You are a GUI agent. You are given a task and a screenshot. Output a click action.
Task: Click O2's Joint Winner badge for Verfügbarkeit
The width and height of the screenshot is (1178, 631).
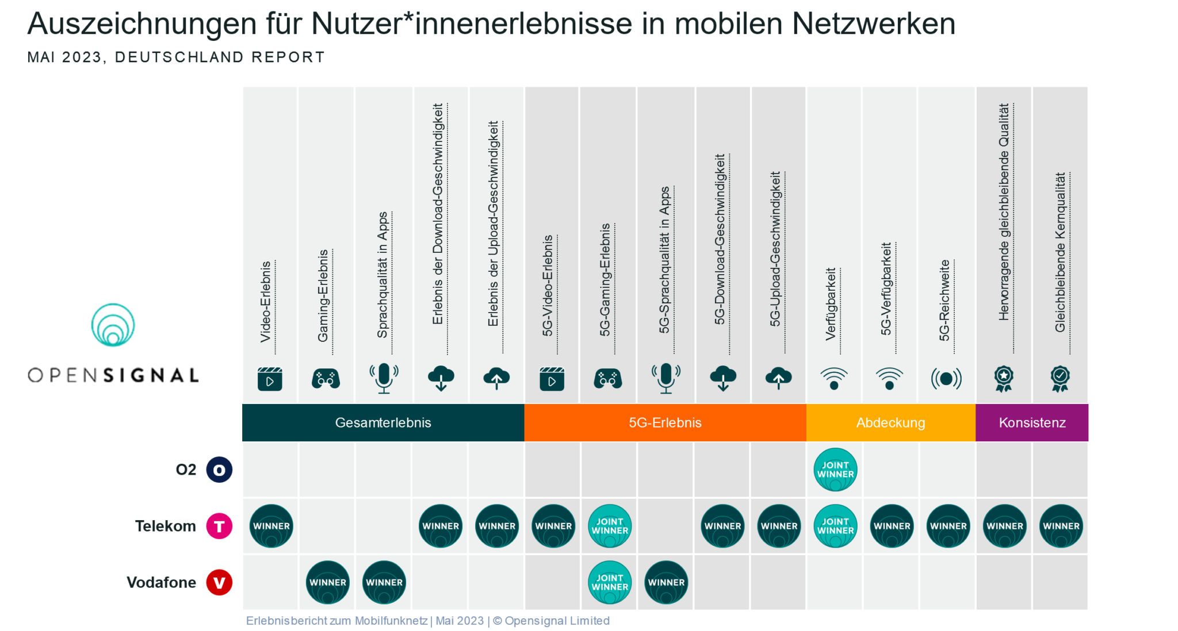[835, 470]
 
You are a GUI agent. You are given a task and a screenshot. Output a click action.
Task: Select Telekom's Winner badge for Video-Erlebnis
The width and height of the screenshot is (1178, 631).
[271, 526]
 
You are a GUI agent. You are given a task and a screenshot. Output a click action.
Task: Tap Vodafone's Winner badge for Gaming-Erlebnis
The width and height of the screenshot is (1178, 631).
[327, 582]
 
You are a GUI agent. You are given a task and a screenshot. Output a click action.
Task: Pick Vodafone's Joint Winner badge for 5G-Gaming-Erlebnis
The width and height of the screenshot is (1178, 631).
[610, 582]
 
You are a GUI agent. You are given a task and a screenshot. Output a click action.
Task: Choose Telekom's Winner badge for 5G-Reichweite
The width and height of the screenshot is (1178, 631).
[948, 526]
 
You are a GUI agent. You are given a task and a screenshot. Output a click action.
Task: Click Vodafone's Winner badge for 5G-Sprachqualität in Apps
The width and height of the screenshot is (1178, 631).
[666, 582]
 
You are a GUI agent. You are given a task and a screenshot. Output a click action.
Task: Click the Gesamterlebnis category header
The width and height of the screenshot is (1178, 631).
[383, 423]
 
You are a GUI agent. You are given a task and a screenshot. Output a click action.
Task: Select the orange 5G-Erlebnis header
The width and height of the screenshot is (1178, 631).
[665, 423]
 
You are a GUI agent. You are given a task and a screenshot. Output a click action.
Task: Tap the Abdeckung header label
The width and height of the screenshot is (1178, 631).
[890, 423]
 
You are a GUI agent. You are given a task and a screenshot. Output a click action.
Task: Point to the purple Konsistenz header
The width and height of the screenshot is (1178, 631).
[1032, 423]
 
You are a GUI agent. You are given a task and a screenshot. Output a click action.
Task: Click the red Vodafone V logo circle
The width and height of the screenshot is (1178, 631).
[219, 582]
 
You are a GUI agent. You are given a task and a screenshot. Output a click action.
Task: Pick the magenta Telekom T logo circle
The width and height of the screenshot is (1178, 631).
[219, 526]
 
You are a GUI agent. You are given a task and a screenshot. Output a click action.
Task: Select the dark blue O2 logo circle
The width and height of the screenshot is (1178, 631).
[219, 470]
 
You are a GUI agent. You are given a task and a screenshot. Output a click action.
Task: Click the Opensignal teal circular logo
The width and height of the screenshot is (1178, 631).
[113, 325]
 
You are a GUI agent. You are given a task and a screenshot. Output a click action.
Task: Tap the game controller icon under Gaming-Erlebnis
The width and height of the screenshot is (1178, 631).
[326, 379]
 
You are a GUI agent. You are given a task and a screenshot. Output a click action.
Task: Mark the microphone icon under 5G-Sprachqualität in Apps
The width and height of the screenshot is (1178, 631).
[666, 378]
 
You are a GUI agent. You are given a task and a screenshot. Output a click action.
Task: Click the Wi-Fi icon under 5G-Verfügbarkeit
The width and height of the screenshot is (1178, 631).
[889, 379]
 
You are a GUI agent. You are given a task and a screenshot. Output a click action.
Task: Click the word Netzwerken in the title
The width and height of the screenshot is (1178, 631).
[873, 24]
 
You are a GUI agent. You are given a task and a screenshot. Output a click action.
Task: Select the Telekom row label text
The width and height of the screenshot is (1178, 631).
[165, 526]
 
